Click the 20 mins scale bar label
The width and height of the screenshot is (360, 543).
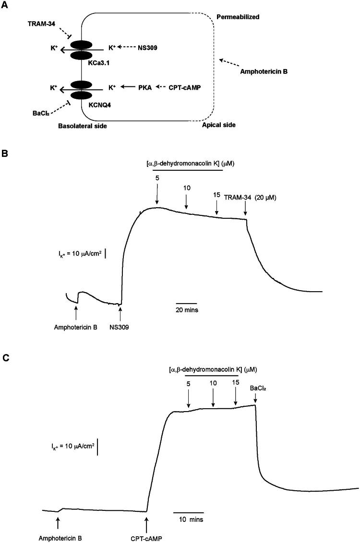pyautogui.click(x=186, y=310)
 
